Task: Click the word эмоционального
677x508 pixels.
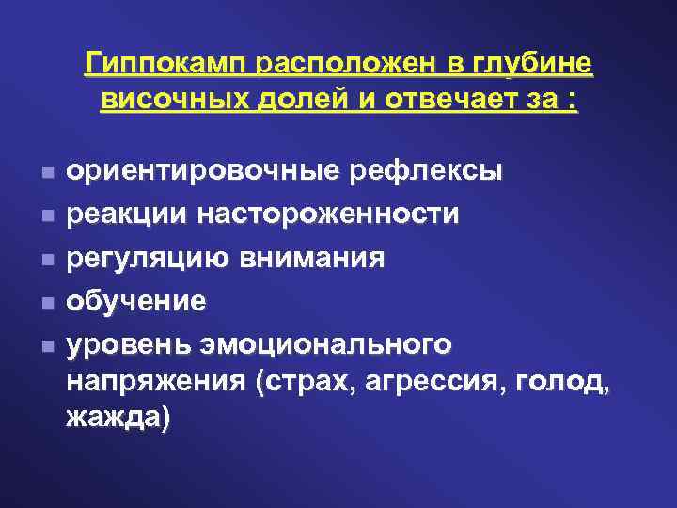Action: [324, 344]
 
